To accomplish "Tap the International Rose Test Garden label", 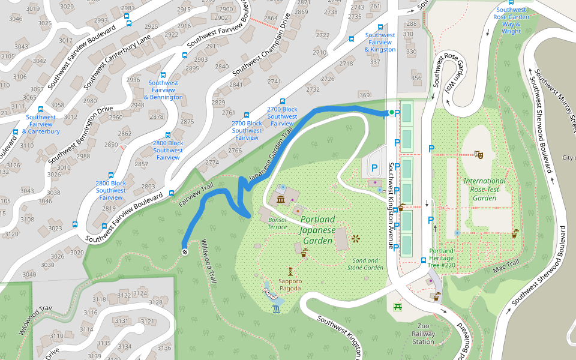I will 484,189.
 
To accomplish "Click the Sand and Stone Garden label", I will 365,264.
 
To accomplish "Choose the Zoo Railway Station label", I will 423,334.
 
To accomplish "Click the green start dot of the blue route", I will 391,112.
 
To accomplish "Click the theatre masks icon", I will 478,154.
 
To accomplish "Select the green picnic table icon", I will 397,307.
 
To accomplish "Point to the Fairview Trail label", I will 196,196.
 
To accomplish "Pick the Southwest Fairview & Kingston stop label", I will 380,42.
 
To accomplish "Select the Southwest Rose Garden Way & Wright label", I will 511,20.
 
